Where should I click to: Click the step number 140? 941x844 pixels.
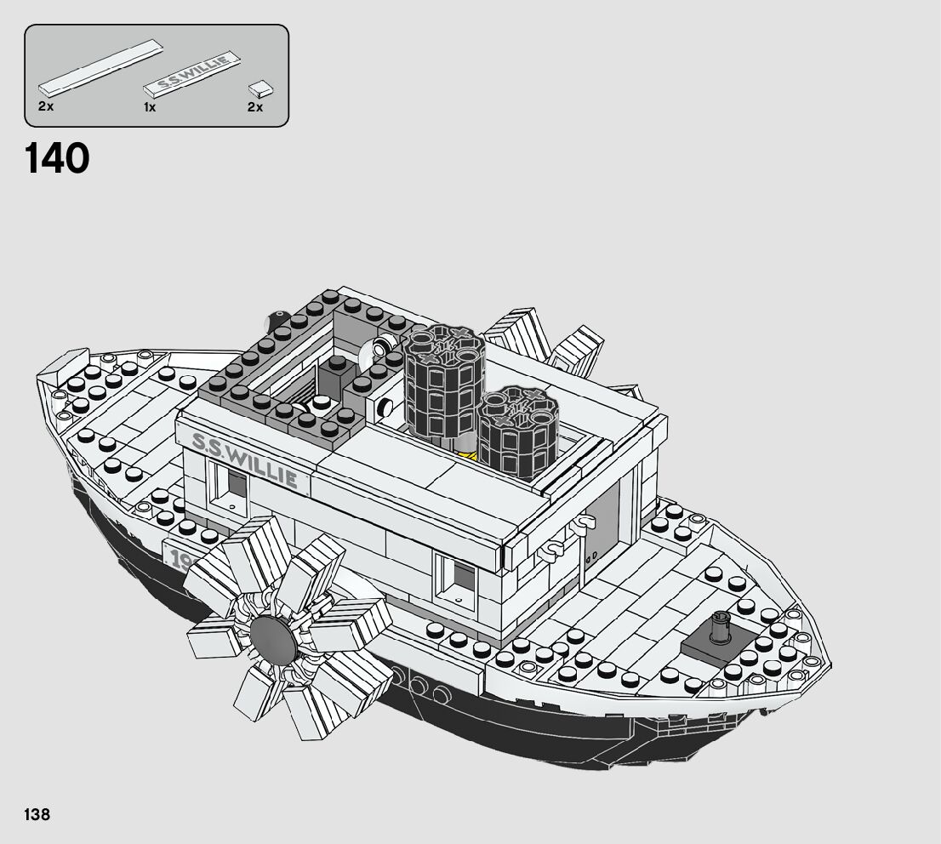(x=57, y=159)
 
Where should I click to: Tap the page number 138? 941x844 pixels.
(x=37, y=815)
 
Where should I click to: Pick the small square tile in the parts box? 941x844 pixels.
(x=261, y=88)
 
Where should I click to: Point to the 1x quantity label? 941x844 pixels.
(x=150, y=107)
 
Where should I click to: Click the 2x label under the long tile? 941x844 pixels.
(x=45, y=107)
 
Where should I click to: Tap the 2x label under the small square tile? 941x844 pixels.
(x=254, y=107)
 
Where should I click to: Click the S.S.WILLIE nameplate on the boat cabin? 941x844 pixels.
(x=245, y=459)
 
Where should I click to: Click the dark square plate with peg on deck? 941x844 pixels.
(x=718, y=645)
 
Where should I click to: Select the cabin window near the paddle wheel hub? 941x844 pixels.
(x=454, y=574)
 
